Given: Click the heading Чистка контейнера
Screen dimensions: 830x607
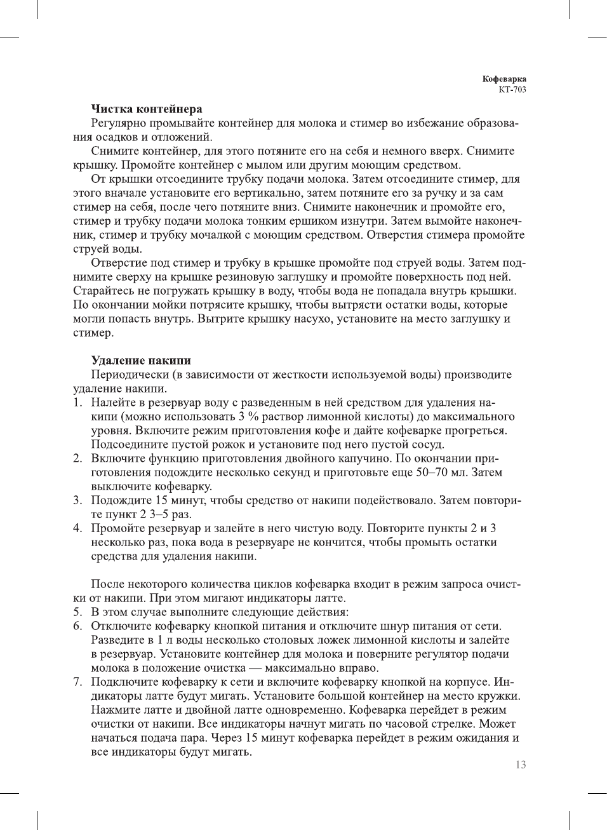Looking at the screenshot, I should (146, 109).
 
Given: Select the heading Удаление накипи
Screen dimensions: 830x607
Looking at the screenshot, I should (140, 361).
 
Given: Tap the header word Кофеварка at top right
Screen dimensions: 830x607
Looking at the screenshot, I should (504, 79).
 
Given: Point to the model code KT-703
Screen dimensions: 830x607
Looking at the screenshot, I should (512, 90).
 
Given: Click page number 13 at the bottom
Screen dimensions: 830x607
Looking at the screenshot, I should (521, 765).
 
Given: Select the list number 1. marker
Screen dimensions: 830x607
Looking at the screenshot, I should (77, 403).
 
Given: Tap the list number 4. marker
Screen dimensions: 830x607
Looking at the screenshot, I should (77, 528).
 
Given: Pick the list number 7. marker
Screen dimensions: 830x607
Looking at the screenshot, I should (77, 682).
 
